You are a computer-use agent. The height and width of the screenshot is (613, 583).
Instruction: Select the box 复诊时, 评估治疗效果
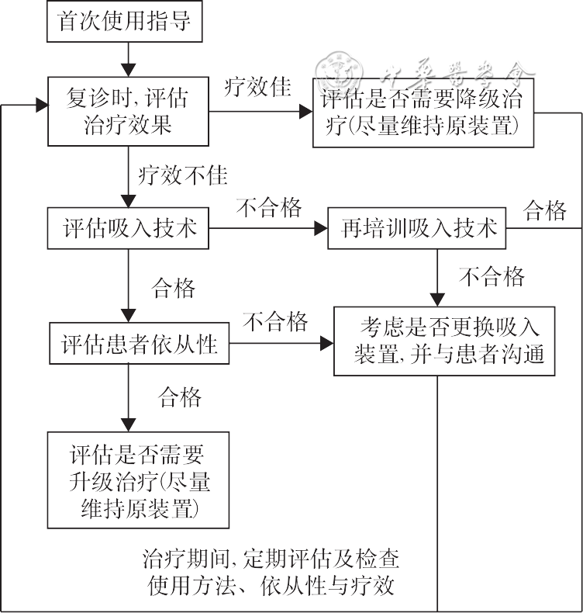[127, 112]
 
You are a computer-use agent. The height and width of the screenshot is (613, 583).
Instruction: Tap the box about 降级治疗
[423, 113]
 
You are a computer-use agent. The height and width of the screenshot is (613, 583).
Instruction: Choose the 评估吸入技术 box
[127, 228]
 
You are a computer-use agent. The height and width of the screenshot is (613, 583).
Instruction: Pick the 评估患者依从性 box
[139, 342]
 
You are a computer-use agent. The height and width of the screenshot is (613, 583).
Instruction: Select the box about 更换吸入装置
[444, 341]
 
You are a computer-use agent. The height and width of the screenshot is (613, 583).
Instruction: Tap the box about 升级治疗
[139, 480]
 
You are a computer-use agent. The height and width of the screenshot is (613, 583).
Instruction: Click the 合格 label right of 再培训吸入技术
[545, 210]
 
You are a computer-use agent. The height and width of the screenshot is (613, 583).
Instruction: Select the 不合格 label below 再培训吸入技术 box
[492, 276]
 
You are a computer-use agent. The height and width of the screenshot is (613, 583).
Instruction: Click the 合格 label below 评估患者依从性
[180, 397]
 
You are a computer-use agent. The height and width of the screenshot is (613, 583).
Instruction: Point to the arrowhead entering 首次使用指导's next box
[127, 69]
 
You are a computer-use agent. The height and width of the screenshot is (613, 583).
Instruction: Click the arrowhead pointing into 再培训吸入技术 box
[320, 229]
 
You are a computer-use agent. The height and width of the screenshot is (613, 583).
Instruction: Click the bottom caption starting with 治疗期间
[271, 570]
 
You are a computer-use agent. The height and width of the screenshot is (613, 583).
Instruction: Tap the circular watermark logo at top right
[340, 74]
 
